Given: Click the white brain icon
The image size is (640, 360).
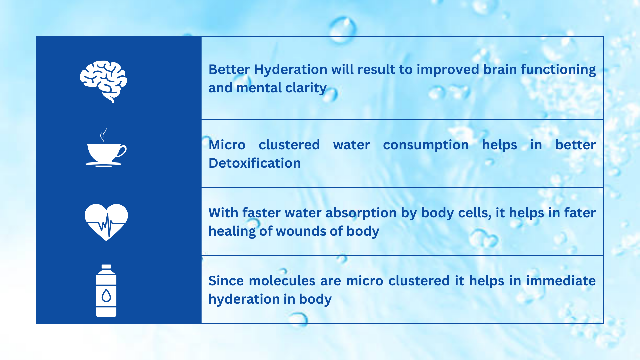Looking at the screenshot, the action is pos(103,82).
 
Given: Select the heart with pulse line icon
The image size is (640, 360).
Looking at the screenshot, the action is pos(106,222).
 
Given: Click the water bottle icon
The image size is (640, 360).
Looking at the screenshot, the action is pos(106,291).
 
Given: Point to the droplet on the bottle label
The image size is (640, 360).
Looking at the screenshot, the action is pos(106,295).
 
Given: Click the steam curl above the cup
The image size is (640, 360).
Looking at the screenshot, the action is pos(104,134).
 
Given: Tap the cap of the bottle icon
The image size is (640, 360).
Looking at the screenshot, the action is pos(106,267).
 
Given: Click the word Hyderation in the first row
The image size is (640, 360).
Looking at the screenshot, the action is pos(290,70).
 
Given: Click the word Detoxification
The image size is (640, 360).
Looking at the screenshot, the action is pos(255,163).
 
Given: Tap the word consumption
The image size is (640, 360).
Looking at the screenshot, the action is pos(426,145).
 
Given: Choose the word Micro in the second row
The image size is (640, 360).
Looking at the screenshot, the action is pos(227,145).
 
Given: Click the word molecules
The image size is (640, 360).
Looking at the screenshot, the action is pos(282,281).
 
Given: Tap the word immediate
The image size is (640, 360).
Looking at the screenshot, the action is pos(561,281).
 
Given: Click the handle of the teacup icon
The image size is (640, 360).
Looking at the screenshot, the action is pos(122,151).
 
